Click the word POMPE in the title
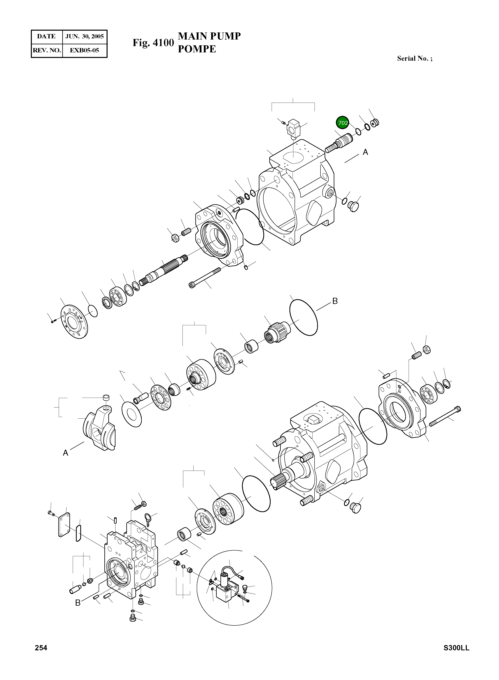coord(197,49)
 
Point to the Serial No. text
coord(414,58)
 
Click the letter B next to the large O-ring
coord(335,301)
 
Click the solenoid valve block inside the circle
coord(226,592)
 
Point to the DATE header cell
coord(46,37)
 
